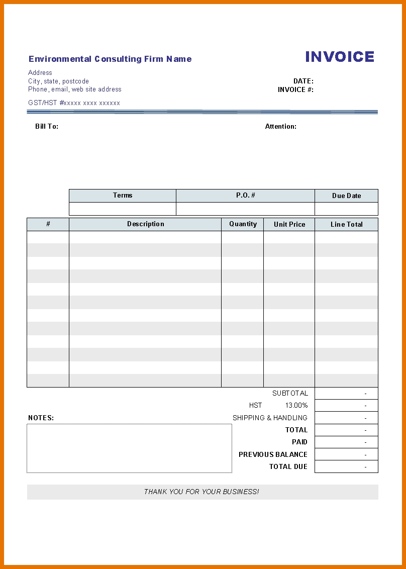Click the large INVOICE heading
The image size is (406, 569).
(x=340, y=57)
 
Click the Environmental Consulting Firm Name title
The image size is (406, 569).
(x=110, y=59)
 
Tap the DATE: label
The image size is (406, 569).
(x=303, y=81)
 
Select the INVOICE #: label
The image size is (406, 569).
(x=295, y=89)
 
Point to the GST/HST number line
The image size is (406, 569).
(x=74, y=103)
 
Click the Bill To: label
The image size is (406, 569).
(x=47, y=127)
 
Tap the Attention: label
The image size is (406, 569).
(x=281, y=127)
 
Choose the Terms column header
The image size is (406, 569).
(x=123, y=196)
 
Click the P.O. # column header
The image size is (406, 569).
(x=246, y=196)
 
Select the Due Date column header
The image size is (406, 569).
(x=347, y=196)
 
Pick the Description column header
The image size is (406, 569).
(x=146, y=224)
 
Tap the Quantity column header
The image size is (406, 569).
(x=243, y=224)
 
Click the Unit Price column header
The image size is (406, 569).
(x=289, y=225)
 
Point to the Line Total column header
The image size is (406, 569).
(x=347, y=225)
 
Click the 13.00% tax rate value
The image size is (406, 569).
(x=296, y=406)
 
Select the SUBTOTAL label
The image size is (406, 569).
(x=290, y=393)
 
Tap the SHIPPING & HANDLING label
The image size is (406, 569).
(x=270, y=418)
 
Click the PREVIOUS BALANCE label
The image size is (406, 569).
(x=273, y=454)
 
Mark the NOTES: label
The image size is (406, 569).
(x=41, y=418)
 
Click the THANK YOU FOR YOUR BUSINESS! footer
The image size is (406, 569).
(x=201, y=492)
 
